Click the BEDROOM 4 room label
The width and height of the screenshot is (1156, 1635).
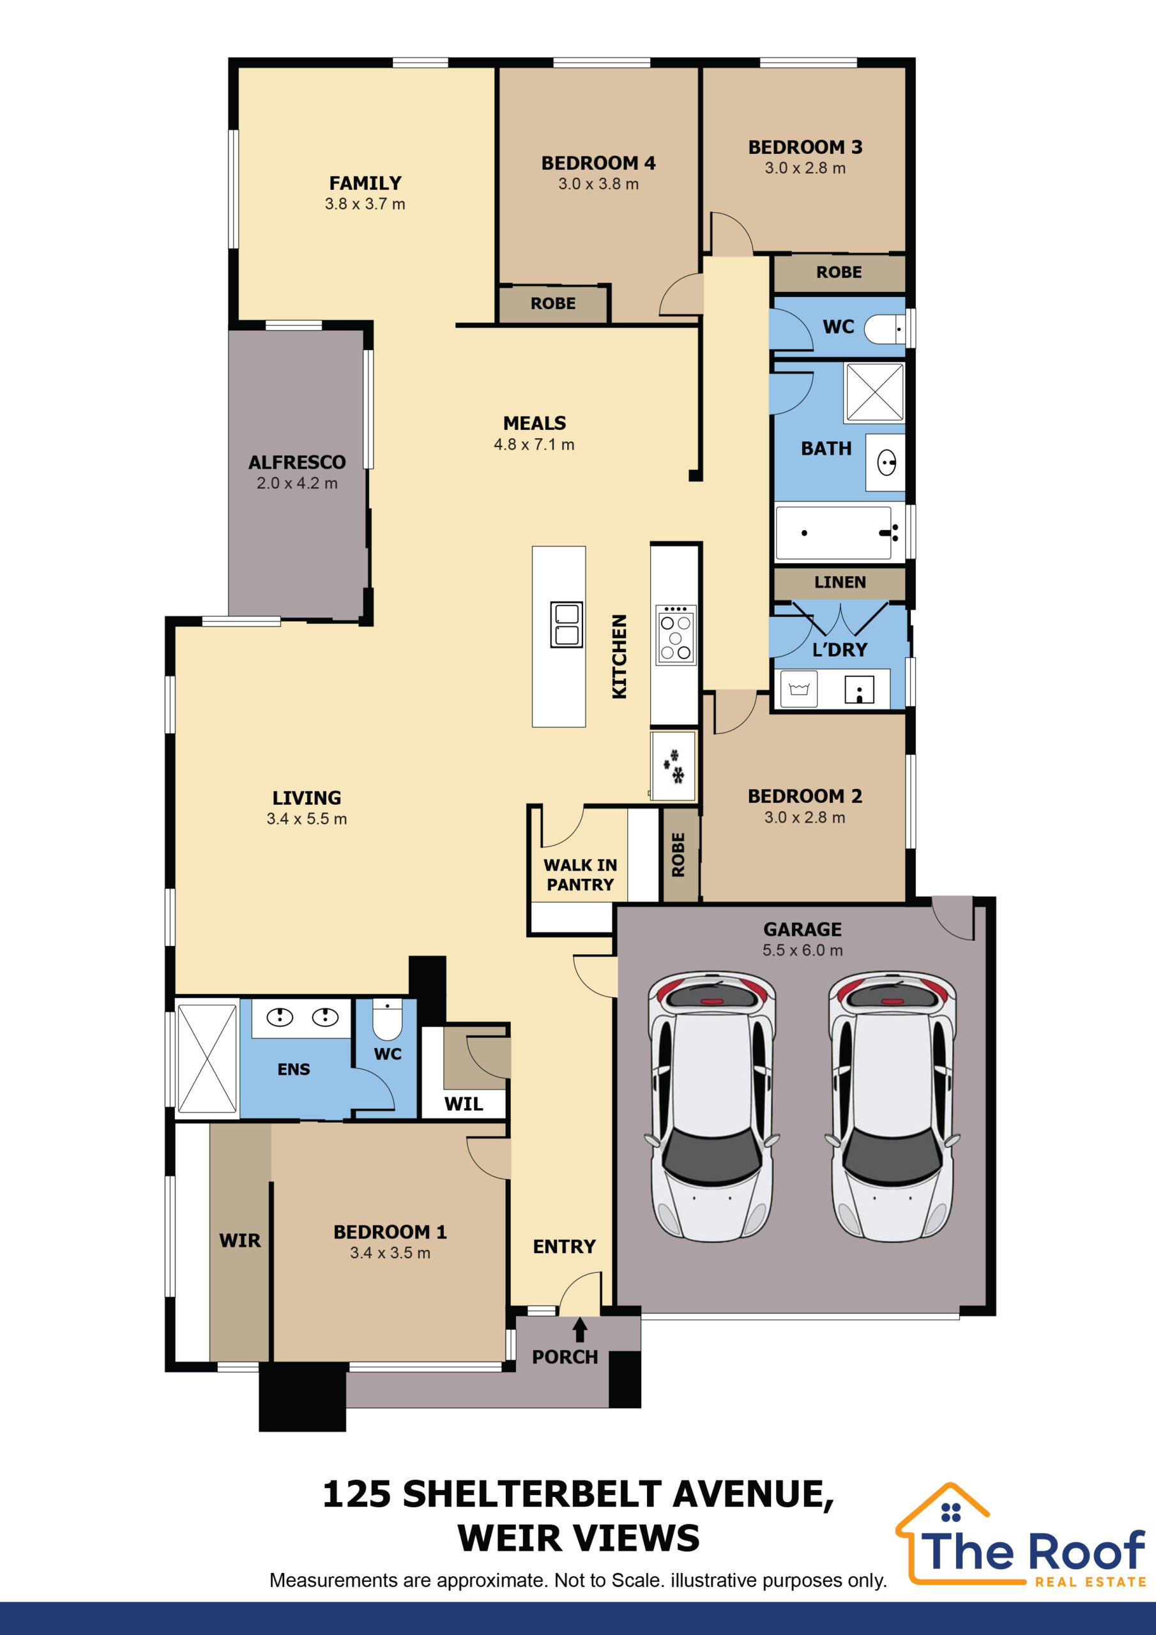click(598, 163)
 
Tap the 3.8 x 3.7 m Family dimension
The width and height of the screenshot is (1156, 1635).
click(365, 204)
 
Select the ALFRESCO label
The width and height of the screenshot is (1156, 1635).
click(297, 462)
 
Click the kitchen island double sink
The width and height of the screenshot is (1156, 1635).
click(567, 625)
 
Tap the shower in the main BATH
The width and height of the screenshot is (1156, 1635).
click(874, 392)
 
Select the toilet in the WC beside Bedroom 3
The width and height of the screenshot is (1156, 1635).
click(885, 329)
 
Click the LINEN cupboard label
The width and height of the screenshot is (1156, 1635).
click(840, 582)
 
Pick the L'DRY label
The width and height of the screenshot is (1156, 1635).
click(840, 650)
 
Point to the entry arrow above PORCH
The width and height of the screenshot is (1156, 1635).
click(580, 1330)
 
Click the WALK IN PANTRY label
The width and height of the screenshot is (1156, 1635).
click(580, 874)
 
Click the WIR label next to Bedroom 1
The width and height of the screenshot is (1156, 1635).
click(240, 1240)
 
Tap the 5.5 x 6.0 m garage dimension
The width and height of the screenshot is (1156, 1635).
click(803, 950)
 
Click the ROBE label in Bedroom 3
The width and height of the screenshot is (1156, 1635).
click(839, 272)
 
